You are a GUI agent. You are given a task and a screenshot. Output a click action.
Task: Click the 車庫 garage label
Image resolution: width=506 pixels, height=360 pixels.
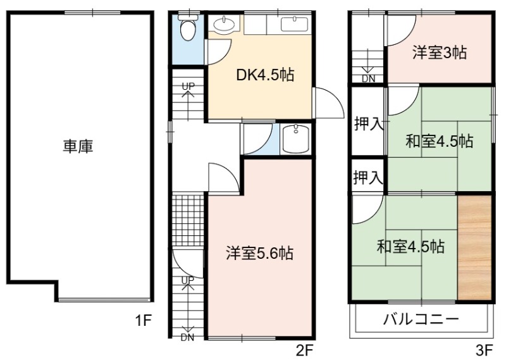click(x=78, y=146)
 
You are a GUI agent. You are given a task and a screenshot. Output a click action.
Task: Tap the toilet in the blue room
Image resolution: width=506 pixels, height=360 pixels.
click(x=188, y=28)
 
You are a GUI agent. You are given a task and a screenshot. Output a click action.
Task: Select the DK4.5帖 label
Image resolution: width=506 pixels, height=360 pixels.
click(x=265, y=75)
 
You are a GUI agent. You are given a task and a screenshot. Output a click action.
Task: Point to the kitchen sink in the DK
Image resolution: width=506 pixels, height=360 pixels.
click(x=294, y=24)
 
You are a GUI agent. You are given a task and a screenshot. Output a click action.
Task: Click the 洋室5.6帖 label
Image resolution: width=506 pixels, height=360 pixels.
click(x=260, y=253)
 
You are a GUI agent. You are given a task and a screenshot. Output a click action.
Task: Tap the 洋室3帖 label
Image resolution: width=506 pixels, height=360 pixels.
click(x=440, y=53)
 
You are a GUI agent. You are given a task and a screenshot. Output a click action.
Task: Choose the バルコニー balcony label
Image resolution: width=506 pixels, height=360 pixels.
click(x=421, y=319)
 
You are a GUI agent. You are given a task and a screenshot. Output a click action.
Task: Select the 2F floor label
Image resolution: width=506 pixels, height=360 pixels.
click(x=304, y=350)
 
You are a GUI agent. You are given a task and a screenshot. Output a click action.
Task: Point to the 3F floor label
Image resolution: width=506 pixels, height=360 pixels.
click(x=484, y=350)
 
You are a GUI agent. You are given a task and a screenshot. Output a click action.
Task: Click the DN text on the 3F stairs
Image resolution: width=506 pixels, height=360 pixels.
click(x=368, y=79)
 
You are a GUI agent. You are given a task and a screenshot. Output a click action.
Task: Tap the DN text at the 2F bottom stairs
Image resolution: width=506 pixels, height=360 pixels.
click(x=187, y=338)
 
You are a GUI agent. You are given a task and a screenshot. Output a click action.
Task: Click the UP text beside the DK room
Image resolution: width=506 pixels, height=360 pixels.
click(x=188, y=86)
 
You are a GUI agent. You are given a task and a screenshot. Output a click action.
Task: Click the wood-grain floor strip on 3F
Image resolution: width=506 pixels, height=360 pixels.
click(x=475, y=247)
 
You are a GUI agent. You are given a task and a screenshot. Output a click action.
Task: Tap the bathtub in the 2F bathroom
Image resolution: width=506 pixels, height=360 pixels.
click(x=295, y=139)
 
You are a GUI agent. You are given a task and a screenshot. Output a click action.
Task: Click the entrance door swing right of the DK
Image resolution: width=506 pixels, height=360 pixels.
click(x=328, y=102)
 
